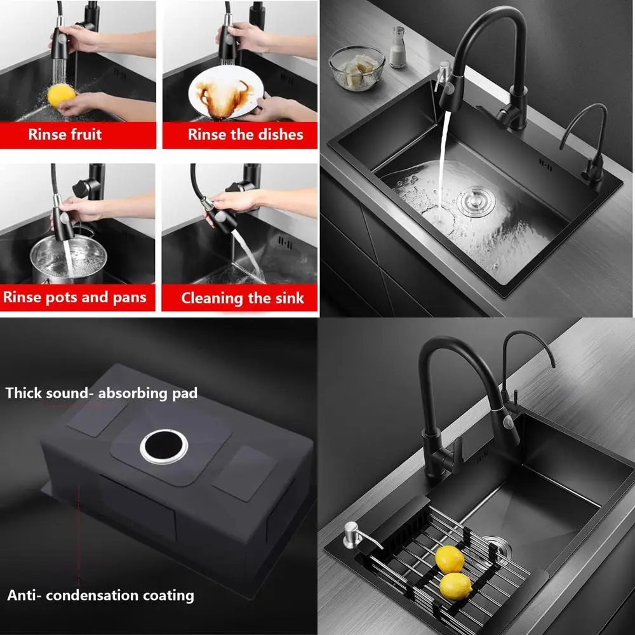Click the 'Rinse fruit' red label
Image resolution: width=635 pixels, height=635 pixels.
64,135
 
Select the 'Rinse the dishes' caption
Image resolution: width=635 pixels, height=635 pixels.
245,135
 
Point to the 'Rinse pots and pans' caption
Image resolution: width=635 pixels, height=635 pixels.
74,297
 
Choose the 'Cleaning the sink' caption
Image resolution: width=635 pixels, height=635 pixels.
242,298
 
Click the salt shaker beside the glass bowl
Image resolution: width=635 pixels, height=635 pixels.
398,48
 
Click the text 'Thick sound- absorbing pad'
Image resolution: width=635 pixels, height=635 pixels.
102,393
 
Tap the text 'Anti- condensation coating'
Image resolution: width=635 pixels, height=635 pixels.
100,595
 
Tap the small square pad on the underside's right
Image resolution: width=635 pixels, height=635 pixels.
244,472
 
